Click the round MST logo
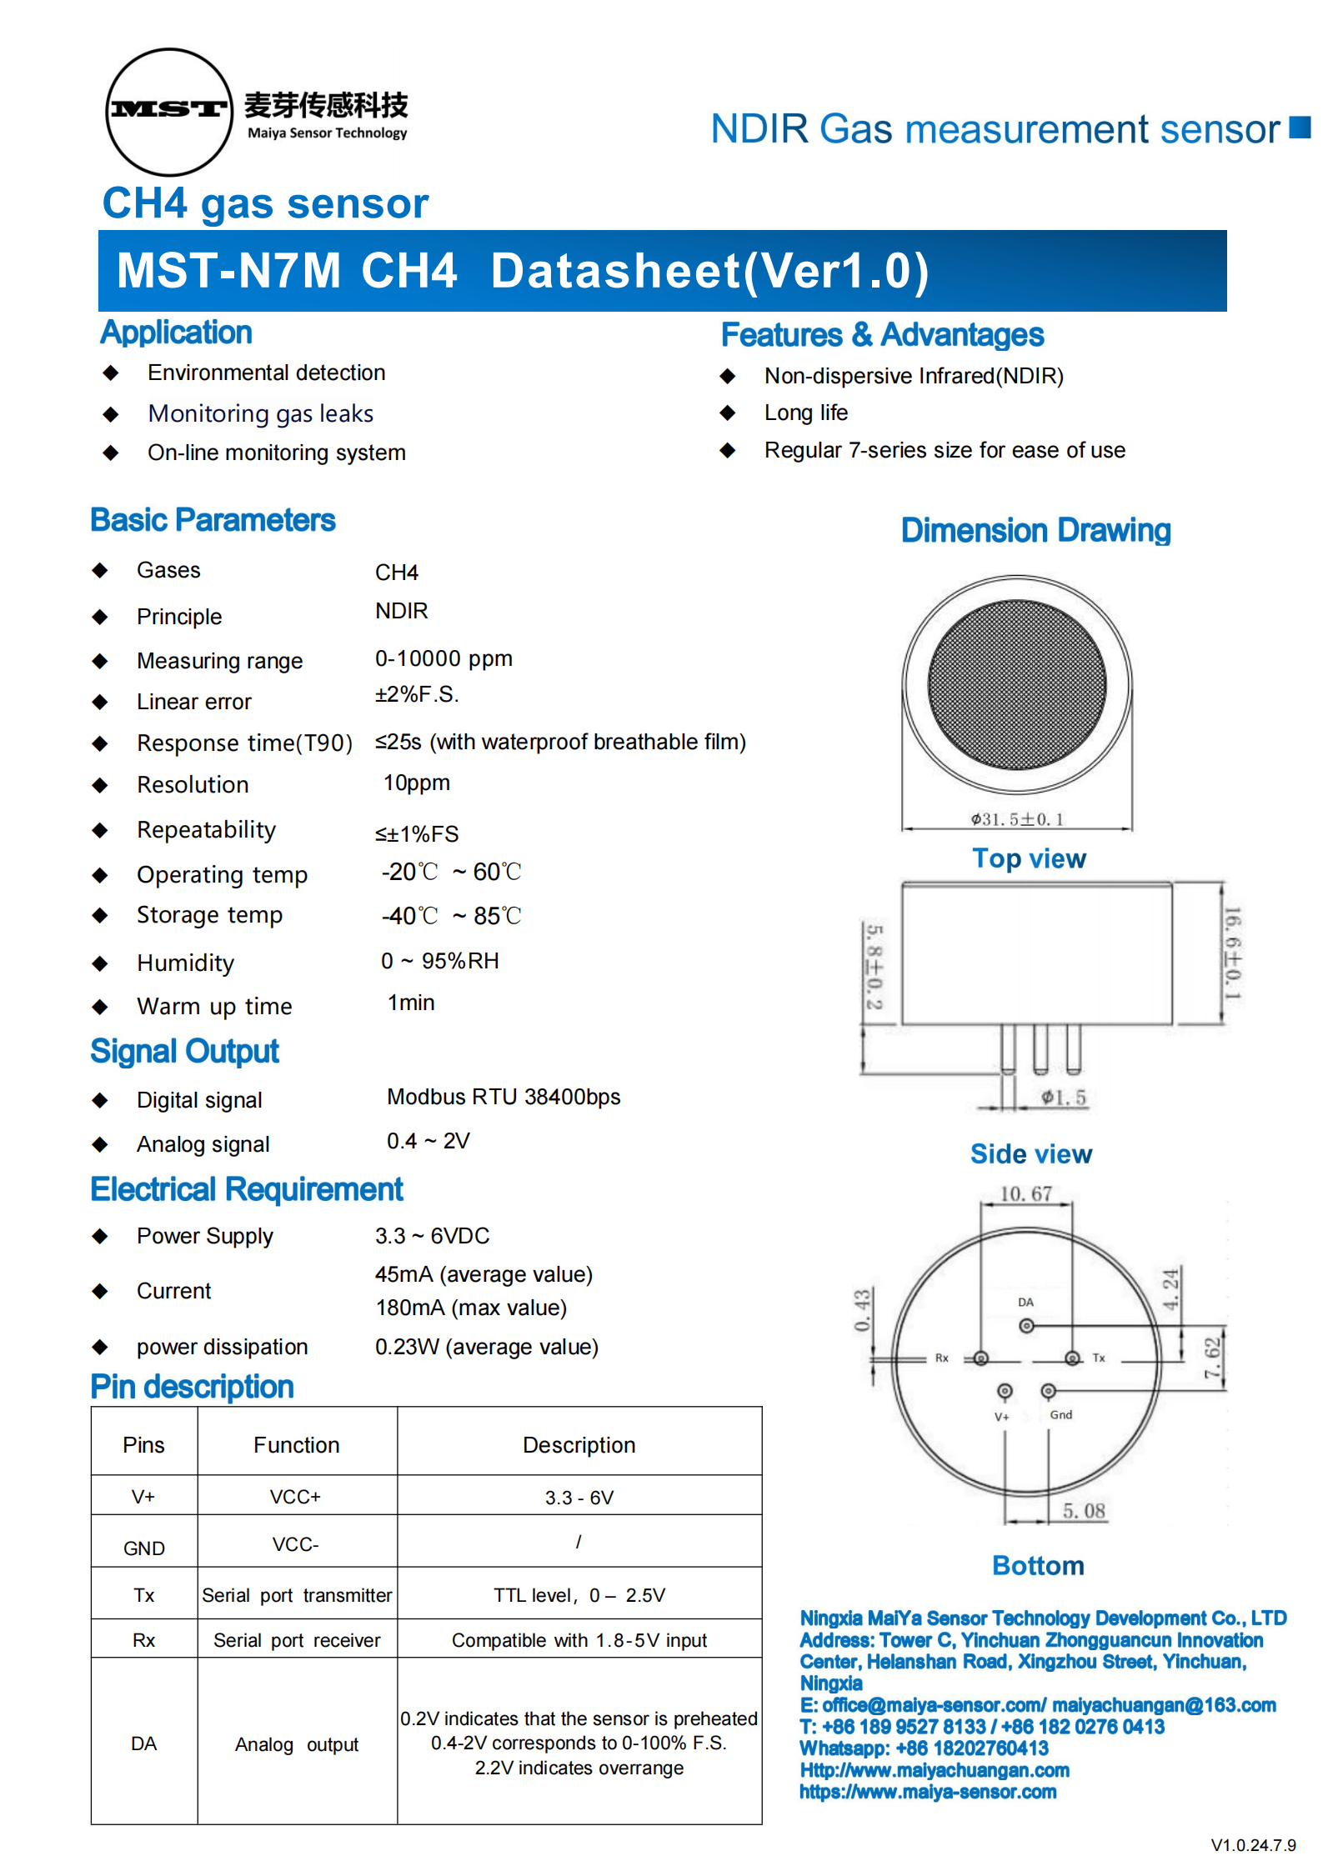click(169, 112)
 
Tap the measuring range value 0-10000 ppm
click(443, 658)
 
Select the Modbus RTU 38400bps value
click(504, 1097)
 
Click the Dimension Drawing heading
click(1035, 531)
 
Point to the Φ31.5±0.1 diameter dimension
click(1017, 819)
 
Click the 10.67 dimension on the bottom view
click(1025, 1194)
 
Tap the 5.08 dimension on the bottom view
click(1083, 1511)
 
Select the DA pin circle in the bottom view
click(1026, 1325)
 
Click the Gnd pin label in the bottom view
click(1060, 1414)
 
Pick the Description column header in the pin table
click(579, 1445)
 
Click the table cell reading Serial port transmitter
click(297, 1595)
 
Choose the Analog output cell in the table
click(297, 1744)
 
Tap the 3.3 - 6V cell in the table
click(579, 1498)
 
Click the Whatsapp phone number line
click(924, 1748)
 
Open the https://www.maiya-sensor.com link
click(928, 1792)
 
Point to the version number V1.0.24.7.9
click(1253, 1845)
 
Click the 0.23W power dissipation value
click(486, 1347)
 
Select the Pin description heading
click(192, 1387)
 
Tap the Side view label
click(1030, 1154)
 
